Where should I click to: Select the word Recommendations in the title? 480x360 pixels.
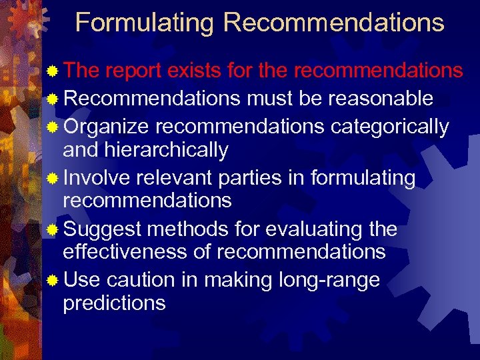(333, 23)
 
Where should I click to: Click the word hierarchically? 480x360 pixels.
(167, 151)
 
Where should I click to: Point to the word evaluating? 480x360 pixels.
(311, 229)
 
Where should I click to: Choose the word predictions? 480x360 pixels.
(114, 303)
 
